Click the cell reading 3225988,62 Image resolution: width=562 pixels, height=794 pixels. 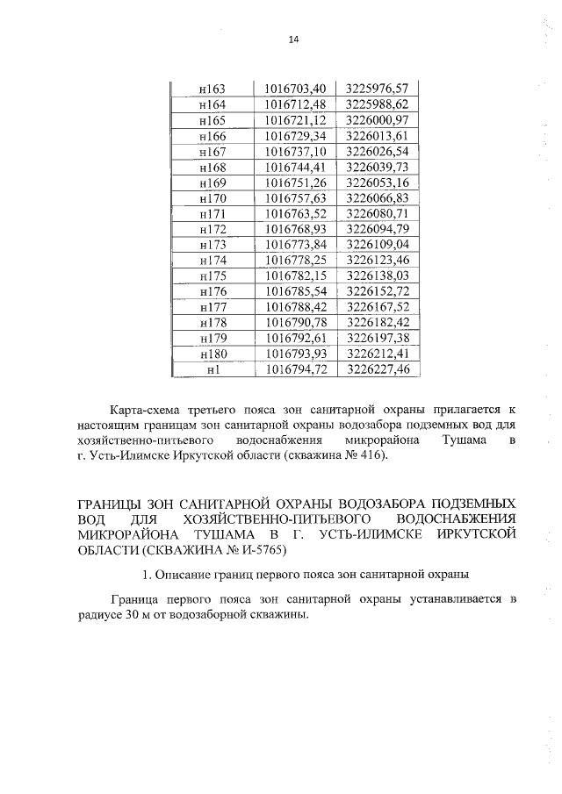point(378,104)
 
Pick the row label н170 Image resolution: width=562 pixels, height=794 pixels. point(213,198)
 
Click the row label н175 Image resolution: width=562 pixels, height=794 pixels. point(213,275)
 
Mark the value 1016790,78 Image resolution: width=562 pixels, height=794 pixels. point(295,322)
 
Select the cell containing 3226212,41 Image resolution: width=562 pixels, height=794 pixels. point(378,354)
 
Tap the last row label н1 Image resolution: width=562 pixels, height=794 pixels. point(213,369)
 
